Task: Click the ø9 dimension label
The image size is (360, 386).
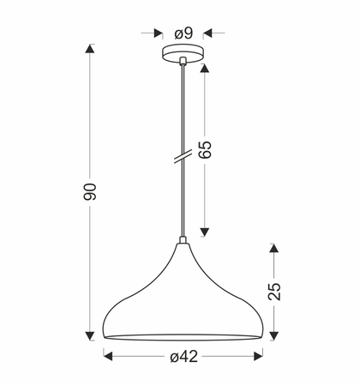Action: (x=183, y=33)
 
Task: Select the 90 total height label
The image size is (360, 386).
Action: (x=89, y=191)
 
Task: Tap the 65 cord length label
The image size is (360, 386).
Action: (x=205, y=149)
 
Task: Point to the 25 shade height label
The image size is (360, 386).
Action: (x=274, y=292)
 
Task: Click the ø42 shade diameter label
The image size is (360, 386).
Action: (x=183, y=357)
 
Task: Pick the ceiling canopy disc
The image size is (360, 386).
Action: (x=183, y=53)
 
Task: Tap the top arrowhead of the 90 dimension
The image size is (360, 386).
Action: (x=90, y=49)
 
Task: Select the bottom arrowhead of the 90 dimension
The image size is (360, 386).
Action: (x=90, y=335)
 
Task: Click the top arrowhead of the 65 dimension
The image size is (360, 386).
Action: (x=205, y=68)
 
